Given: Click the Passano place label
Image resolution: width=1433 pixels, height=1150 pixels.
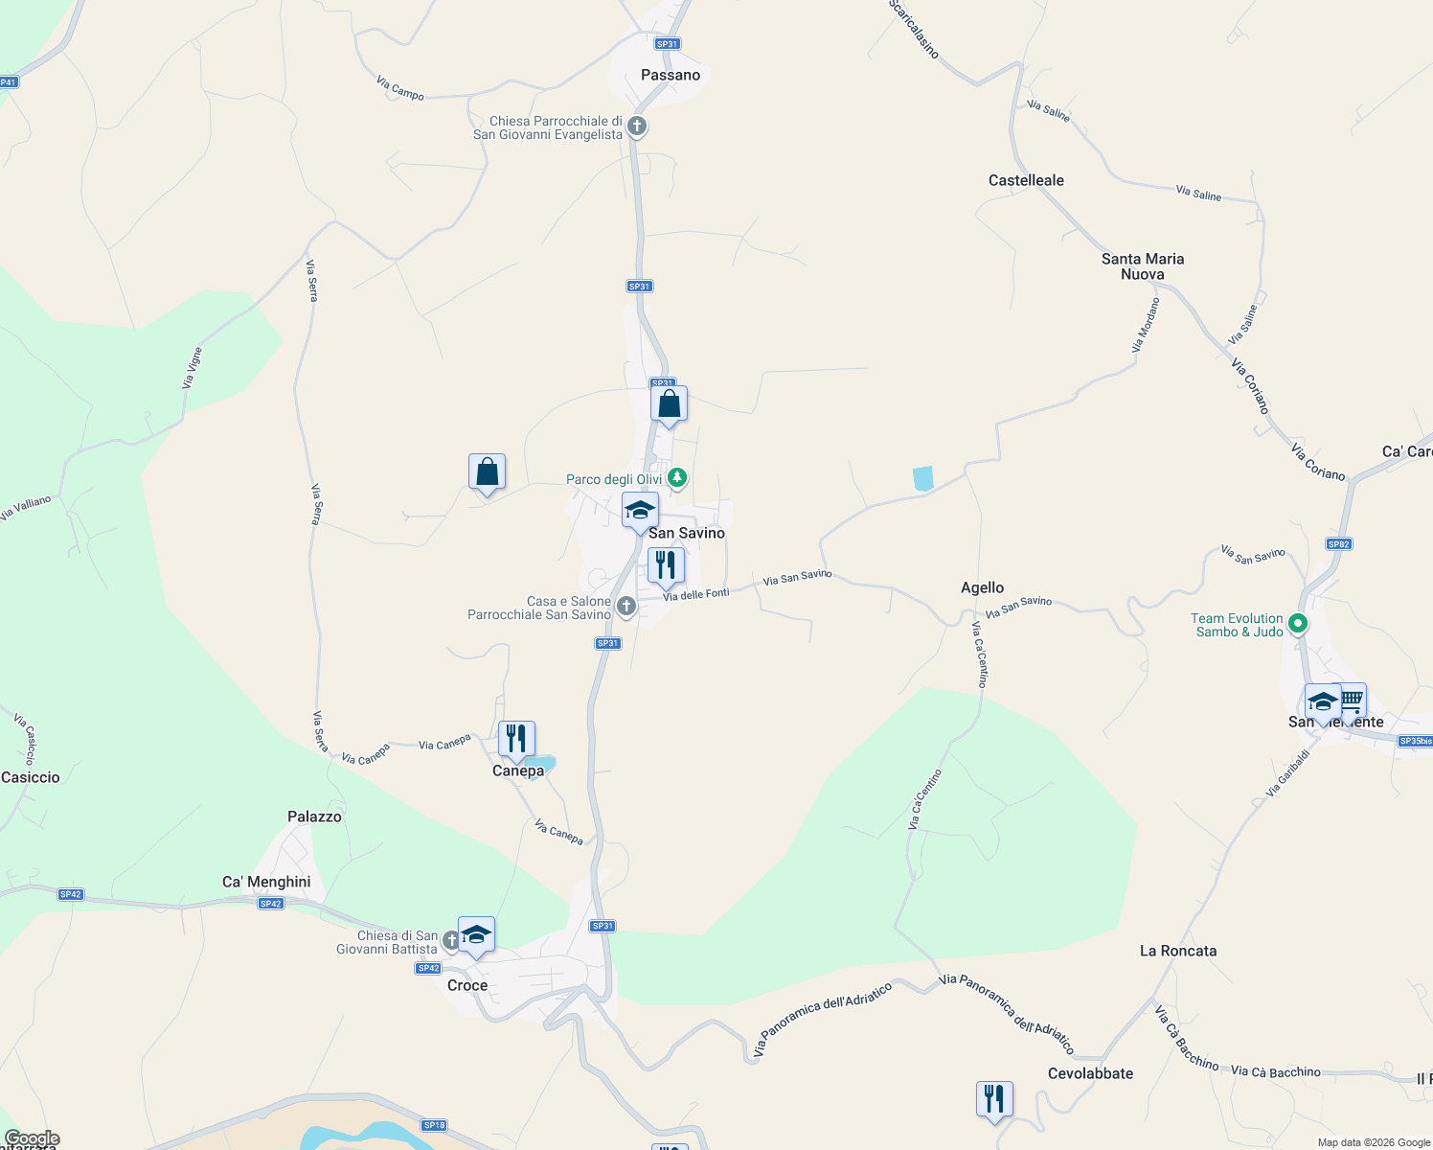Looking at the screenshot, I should [671, 75].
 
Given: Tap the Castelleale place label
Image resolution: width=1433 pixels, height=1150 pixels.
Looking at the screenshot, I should [1026, 180].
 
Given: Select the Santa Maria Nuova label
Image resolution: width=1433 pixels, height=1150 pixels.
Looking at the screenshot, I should [1142, 266].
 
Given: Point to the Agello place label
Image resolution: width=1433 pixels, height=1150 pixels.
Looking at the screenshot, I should [982, 587].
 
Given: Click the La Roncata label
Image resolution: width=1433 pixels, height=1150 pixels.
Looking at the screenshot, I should [1177, 951].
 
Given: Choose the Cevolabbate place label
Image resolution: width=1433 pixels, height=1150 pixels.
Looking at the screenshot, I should [1090, 1073].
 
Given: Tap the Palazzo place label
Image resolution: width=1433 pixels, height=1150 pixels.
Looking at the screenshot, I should [314, 816].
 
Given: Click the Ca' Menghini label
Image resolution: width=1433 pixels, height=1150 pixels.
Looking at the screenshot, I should [266, 882].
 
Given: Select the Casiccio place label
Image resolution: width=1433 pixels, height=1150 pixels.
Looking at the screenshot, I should [31, 777].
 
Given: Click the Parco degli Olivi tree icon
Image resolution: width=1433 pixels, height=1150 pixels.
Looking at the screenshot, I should [677, 477].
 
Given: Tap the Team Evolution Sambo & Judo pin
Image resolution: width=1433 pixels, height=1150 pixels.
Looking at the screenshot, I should [1298, 624].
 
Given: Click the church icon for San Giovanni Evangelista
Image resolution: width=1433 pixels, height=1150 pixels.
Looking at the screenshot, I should [636, 126].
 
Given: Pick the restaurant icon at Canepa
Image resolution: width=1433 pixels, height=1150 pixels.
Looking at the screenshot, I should [516, 739].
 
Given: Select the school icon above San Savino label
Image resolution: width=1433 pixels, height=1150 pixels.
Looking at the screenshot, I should [640, 510].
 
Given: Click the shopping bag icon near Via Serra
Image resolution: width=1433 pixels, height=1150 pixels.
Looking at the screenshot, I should [487, 471].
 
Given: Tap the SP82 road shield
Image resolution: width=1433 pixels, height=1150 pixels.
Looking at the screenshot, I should [1338, 544].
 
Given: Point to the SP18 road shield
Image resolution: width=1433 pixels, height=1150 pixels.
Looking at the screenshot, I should [434, 1125].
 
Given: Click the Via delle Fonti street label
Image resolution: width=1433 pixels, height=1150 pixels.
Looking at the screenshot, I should [696, 595].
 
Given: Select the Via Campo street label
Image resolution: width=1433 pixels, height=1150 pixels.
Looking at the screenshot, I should [400, 88].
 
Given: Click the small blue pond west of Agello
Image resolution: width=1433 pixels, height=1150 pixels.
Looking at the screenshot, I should [922, 478].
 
